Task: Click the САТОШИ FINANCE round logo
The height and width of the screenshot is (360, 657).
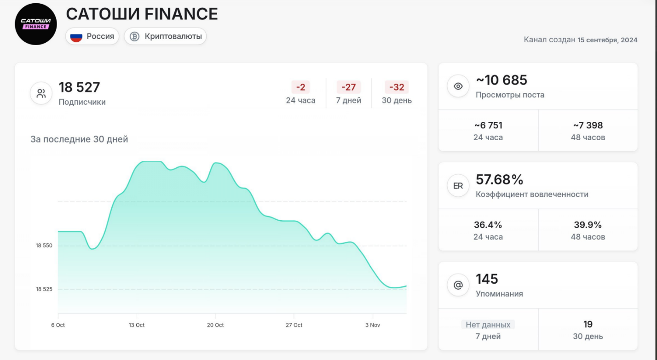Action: point(35,24)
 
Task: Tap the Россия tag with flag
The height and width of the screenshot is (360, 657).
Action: point(92,36)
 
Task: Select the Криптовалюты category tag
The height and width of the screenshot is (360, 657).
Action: point(165,36)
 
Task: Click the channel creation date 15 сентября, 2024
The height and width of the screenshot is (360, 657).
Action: point(607,40)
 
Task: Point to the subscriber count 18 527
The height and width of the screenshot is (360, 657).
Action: point(79,87)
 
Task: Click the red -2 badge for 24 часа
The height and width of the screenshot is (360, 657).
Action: point(300,87)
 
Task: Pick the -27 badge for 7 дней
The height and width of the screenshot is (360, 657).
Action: point(348,87)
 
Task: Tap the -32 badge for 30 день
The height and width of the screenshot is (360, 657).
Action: point(397,87)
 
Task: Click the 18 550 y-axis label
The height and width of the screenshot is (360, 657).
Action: point(44,246)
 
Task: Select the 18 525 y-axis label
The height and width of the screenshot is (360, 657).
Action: point(44,289)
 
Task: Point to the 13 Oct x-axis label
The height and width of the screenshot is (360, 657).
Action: point(137,325)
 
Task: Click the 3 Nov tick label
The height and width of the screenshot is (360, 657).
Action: point(373,325)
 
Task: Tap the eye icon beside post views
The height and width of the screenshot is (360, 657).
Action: point(458,86)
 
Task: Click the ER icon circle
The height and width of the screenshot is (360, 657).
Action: point(458,186)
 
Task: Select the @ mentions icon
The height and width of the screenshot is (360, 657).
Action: point(458,285)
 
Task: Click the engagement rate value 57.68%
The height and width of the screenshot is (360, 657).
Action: point(500,179)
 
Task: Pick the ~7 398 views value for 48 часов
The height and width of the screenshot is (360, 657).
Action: point(588,125)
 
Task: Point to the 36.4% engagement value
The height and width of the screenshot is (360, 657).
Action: point(488,225)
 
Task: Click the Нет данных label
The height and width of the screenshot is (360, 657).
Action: point(488,325)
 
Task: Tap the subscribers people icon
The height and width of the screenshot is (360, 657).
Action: point(41,94)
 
